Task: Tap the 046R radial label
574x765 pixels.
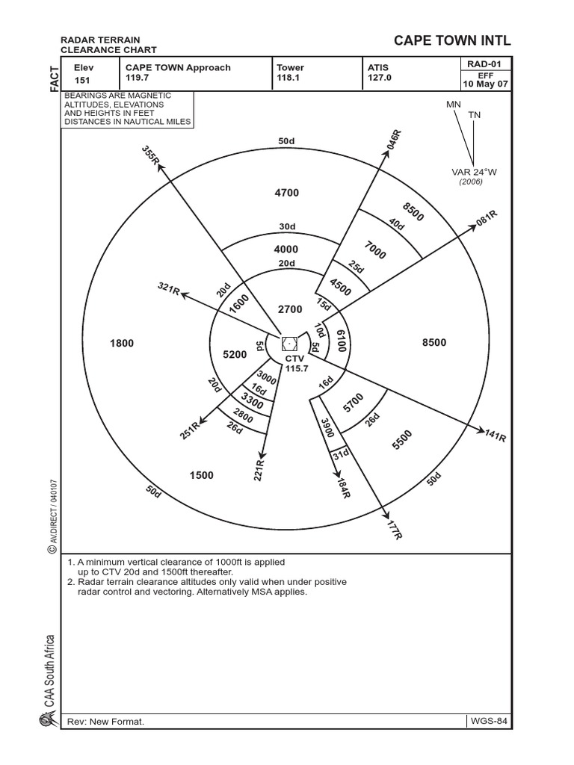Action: pyautogui.click(x=395, y=140)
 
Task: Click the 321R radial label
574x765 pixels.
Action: pyautogui.click(x=169, y=289)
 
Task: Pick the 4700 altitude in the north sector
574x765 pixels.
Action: pyautogui.click(x=286, y=193)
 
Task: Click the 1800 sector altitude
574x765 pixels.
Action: pyautogui.click(x=121, y=343)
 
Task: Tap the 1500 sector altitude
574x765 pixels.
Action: pyautogui.click(x=202, y=475)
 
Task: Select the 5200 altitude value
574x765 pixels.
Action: pyautogui.click(x=235, y=356)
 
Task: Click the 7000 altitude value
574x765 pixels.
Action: pyautogui.click(x=375, y=250)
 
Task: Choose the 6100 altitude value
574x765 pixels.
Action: pyautogui.click(x=340, y=340)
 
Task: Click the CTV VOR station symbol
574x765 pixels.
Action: pyautogui.click(x=290, y=344)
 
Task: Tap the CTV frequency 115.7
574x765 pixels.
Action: pyautogui.click(x=297, y=368)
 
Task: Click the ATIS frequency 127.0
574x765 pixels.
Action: pyautogui.click(x=380, y=78)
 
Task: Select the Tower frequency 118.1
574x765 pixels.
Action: pyautogui.click(x=290, y=78)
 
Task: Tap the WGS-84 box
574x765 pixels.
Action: pyautogui.click(x=489, y=722)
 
